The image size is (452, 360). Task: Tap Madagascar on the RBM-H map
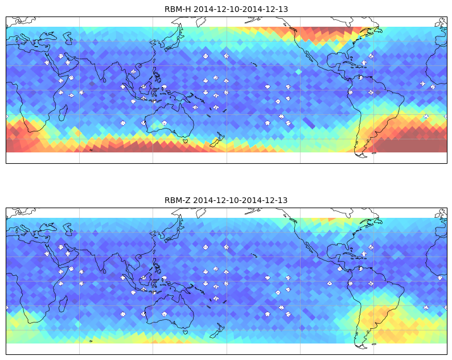pyautogui.click(x=63, y=113)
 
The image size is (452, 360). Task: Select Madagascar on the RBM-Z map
pyautogui.click(x=63, y=304)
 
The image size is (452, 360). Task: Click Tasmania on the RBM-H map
pyautogui.click(x=186, y=141)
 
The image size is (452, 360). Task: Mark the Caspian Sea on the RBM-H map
pyautogui.click(x=68, y=38)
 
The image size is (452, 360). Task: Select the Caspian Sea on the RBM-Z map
pyautogui.click(x=68, y=229)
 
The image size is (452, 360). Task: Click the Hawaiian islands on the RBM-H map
pyautogui.click(x=254, y=64)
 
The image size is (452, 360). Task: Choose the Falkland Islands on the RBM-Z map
pyautogui.click(x=374, y=344)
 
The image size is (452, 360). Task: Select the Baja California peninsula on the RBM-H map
pyautogui.click(x=310, y=56)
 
